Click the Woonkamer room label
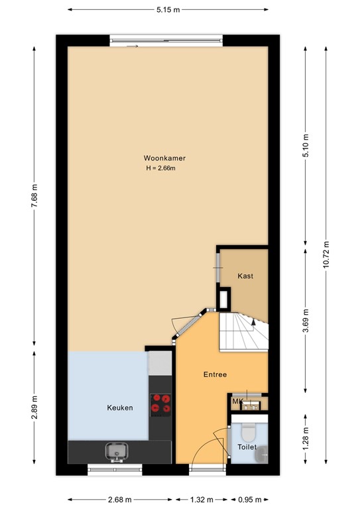[x=164, y=158]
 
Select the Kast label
[x=245, y=276]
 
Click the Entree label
[x=215, y=374]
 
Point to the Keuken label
[x=120, y=408]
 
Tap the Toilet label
[x=247, y=447]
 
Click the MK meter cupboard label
[x=237, y=402]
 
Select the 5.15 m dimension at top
[x=168, y=10]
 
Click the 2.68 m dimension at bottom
[x=120, y=500]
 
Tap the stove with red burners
[x=160, y=404]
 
